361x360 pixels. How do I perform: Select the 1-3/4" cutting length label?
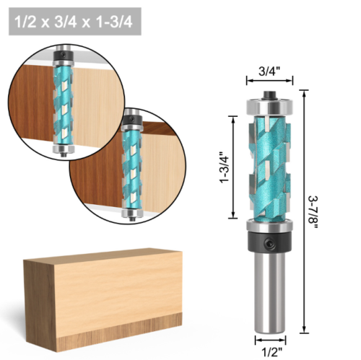(224, 166)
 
